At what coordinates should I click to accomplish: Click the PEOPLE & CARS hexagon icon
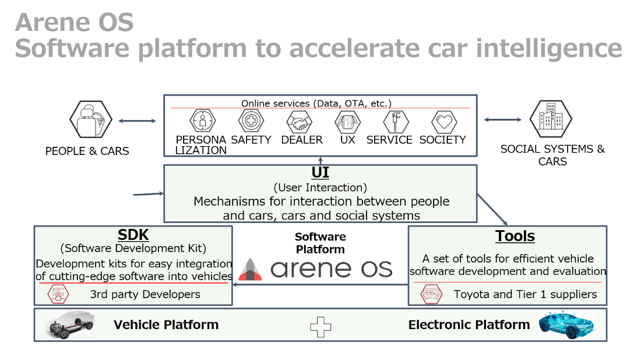(x=91, y=119)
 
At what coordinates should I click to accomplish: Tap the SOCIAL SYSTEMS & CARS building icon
(x=551, y=119)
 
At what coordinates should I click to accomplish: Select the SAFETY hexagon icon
(x=251, y=121)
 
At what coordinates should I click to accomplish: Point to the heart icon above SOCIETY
(x=445, y=122)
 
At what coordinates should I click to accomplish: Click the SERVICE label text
(x=389, y=140)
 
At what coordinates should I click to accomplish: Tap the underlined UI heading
(x=320, y=172)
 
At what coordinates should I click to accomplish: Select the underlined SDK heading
(x=133, y=235)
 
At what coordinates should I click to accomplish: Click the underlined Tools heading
(x=515, y=236)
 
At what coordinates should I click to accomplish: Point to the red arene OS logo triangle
(x=250, y=270)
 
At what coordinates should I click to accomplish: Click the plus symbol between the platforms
(x=320, y=327)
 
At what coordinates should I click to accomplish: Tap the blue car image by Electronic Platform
(x=566, y=325)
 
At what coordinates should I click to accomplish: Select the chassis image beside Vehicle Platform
(x=70, y=325)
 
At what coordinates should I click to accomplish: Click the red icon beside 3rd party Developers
(x=58, y=294)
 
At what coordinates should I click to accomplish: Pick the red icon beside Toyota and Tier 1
(x=431, y=294)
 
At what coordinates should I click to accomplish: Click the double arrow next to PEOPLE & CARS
(x=137, y=121)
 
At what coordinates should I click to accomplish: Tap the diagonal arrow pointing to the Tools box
(x=492, y=210)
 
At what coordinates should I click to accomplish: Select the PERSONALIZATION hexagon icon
(x=202, y=121)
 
